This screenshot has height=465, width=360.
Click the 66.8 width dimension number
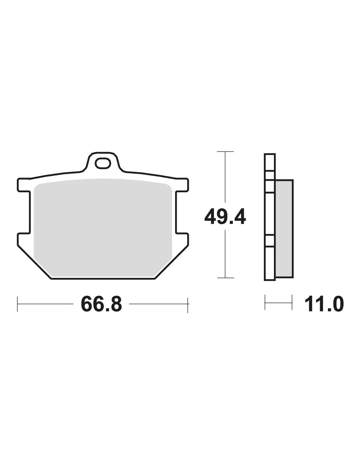[101, 304]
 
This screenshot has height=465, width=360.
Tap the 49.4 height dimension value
[225, 217]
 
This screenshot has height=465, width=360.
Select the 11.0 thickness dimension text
[324, 304]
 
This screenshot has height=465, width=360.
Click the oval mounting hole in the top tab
[103, 163]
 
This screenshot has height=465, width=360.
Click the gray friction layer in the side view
[284, 229]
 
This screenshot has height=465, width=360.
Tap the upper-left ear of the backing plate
[23, 184]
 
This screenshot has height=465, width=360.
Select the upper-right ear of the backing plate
[182, 184]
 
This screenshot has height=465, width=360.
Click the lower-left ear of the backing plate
[23, 239]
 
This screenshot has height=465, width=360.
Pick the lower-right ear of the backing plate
[182, 239]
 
